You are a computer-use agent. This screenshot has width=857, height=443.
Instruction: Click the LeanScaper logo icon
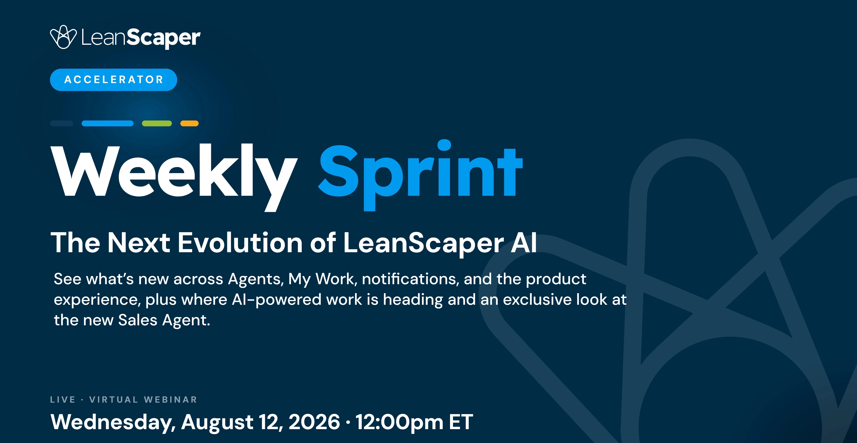coord(63,37)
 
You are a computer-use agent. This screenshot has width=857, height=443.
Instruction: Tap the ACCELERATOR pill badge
coord(113,80)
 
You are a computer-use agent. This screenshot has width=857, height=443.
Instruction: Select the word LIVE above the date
coord(62,400)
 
